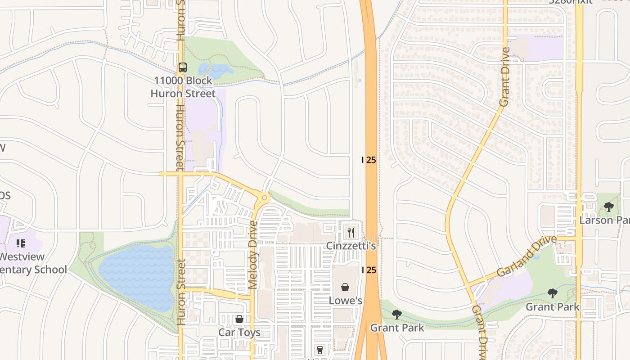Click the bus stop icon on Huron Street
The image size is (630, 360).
[182, 67]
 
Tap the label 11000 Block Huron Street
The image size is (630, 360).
[183, 87]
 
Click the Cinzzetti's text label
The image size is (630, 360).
[351, 246]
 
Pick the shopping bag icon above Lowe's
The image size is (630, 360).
[345, 287]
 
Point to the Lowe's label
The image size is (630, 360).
[345, 300]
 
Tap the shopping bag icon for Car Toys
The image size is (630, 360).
[239, 319]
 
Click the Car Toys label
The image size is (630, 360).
[239, 333]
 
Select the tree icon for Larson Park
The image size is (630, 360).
[609, 207]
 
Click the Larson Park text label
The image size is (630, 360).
[604, 220]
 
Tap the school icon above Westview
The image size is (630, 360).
[21, 243]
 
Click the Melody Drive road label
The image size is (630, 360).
[253, 254]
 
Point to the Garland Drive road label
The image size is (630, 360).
[526, 256]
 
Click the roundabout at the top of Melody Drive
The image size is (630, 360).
[264, 197]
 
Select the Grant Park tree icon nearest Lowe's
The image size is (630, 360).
[396, 314]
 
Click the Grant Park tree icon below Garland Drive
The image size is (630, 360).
[553, 293]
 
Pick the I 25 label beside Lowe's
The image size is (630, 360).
[369, 270]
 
